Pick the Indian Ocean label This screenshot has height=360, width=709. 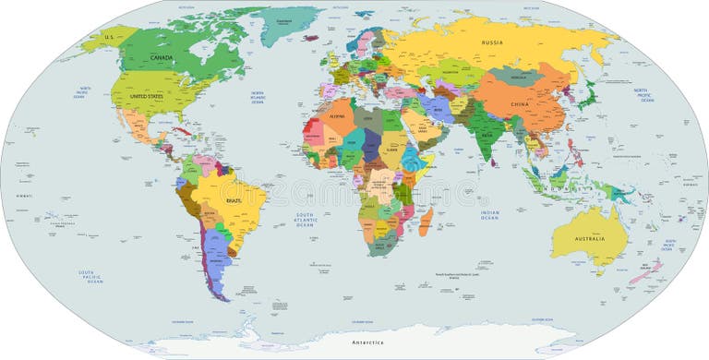[489, 215]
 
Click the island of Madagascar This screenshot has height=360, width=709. [425, 222]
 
